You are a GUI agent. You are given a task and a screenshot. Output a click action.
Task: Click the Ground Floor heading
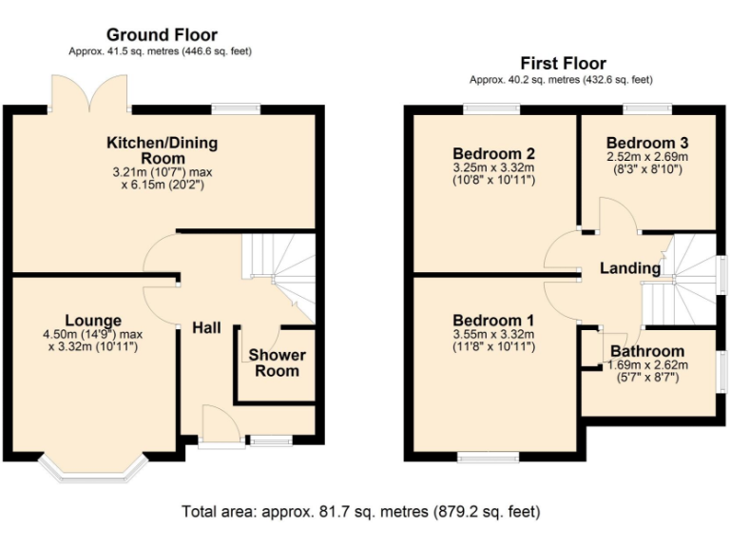161,36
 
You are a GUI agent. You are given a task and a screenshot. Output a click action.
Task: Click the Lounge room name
93,320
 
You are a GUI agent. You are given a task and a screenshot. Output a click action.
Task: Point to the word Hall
206,328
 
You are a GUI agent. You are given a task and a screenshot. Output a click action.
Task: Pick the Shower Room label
278,363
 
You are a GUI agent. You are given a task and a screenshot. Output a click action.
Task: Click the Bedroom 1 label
493,320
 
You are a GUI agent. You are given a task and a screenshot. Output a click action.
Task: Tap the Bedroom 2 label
493,153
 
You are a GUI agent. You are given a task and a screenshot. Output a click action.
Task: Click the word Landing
629,269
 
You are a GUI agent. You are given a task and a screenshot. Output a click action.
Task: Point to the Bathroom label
647,351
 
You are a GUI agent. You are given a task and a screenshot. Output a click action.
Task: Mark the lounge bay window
93,466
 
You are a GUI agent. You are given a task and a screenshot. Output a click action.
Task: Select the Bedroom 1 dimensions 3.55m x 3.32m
493,334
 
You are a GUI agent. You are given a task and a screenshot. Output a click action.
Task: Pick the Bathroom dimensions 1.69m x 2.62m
647,365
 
